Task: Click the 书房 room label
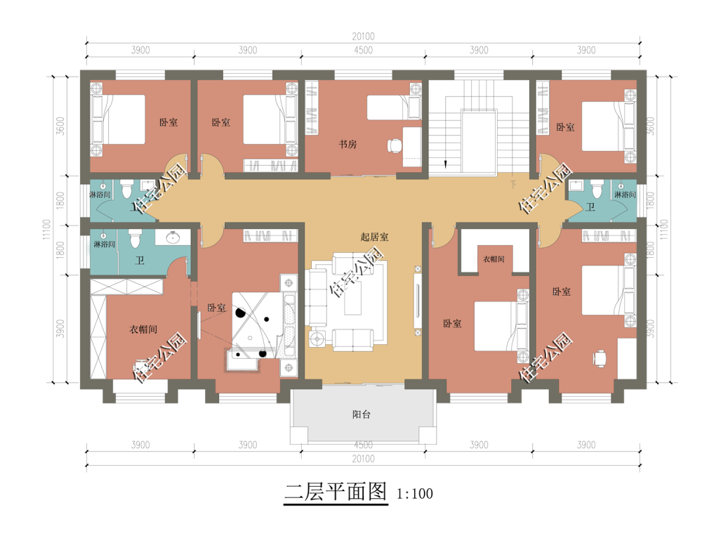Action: coord(347,144)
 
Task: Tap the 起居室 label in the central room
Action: coord(374,237)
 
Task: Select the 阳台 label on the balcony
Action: coord(362,414)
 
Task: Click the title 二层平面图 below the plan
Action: coord(336,492)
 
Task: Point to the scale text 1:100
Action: coord(415,494)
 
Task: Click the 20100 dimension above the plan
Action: coord(363,37)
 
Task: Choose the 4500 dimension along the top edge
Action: coord(363,50)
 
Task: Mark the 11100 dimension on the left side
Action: coord(47,230)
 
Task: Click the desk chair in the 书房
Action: coord(395,145)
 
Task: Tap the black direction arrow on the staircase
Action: coord(446,164)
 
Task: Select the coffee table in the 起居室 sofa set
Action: coord(353,298)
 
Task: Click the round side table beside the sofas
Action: coord(317,339)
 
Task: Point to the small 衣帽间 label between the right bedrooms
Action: coord(494,259)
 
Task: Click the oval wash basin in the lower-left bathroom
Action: coord(173,237)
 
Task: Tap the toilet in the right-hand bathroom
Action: coord(596,189)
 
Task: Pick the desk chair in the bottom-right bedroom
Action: coord(600,358)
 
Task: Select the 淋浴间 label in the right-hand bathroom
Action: coord(625,195)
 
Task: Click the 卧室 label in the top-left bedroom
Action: coord(168,122)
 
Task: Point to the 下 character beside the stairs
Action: coord(513,184)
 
